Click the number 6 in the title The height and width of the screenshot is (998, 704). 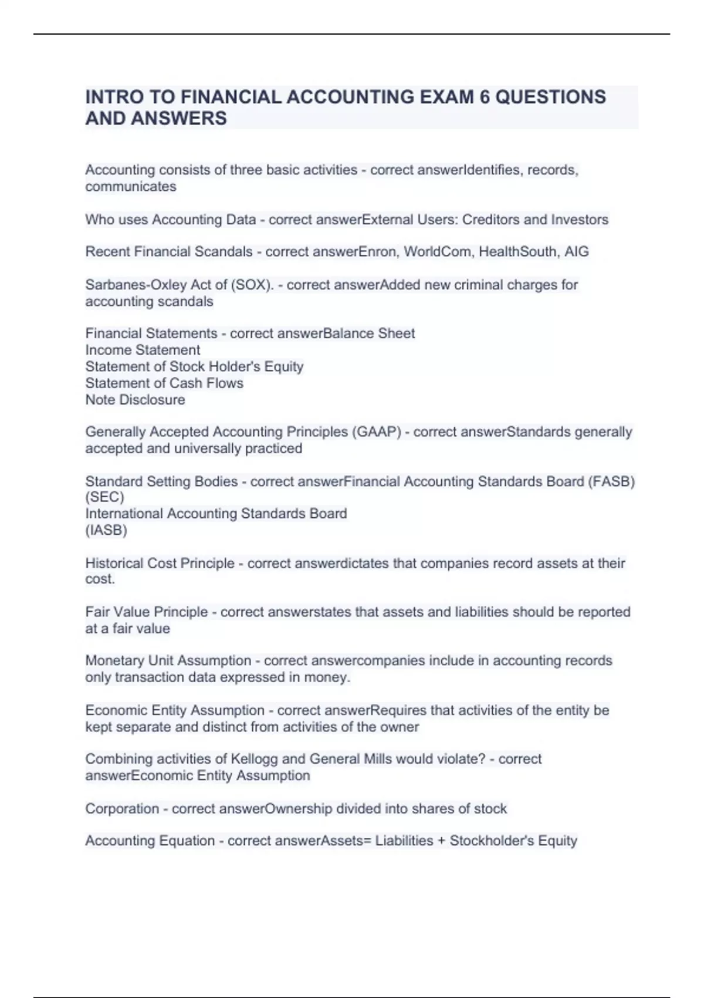click(484, 97)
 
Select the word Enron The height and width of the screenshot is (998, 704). click(378, 252)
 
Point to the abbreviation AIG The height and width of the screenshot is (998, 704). click(576, 252)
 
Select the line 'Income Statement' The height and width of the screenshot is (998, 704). click(143, 350)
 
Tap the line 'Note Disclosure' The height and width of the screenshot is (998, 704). click(135, 400)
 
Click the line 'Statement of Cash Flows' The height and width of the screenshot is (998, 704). click(164, 383)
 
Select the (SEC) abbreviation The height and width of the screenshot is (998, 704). click(104, 497)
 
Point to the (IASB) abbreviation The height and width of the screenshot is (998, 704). click(106, 530)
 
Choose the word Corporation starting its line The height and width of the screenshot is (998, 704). click(122, 809)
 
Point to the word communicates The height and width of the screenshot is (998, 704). click(130, 187)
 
